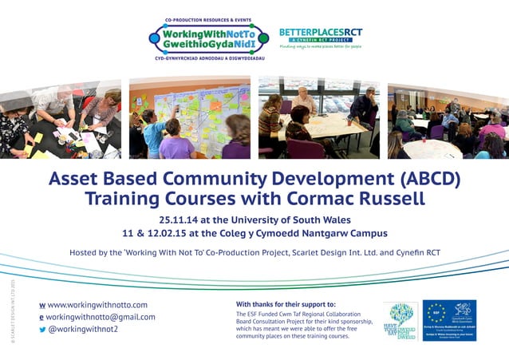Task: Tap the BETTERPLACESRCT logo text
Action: (x=320, y=33)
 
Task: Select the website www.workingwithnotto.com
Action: (x=97, y=305)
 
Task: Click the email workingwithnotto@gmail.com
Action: (x=101, y=317)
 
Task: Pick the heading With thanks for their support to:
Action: (x=286, y=304)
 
